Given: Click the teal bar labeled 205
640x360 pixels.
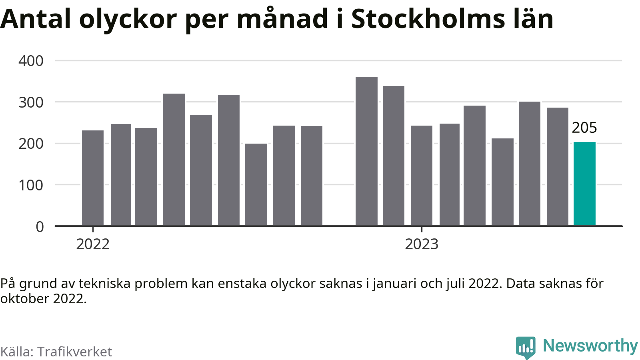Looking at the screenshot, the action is click(x=584, y=184).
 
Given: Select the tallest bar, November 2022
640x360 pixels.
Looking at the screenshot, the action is click(x=366, y=151).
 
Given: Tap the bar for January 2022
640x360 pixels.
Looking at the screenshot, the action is click(x=92, y=178).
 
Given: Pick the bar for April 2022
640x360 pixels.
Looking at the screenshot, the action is click(x=174, y=160).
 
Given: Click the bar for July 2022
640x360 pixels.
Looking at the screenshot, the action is click(x=256, y=184).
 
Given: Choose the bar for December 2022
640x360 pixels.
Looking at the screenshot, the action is click(x=394, y=156).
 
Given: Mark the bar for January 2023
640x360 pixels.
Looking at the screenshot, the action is click(x=422, y=176).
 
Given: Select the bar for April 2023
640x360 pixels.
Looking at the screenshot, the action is click(x=502, y=182).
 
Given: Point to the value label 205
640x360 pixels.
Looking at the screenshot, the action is click(x=584, y=128).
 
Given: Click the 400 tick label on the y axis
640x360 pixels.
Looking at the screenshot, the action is click(x=31, y=61).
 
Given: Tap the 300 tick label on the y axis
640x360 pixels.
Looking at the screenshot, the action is click(x=31, y=102).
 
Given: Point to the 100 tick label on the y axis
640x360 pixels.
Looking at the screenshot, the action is click(x=31, y=185).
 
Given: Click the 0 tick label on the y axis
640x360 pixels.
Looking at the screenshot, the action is click(x=40, y=227).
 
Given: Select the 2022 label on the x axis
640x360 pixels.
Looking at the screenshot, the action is click(x=93, y=244).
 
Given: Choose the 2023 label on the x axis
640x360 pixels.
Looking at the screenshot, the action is click(x=422, y=244).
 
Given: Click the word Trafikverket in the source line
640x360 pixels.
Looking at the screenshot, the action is click(x=74, y=352).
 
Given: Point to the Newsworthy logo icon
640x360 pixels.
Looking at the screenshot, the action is click(x=526, y=348).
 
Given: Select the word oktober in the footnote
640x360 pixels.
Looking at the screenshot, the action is click(x=24, y=299).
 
